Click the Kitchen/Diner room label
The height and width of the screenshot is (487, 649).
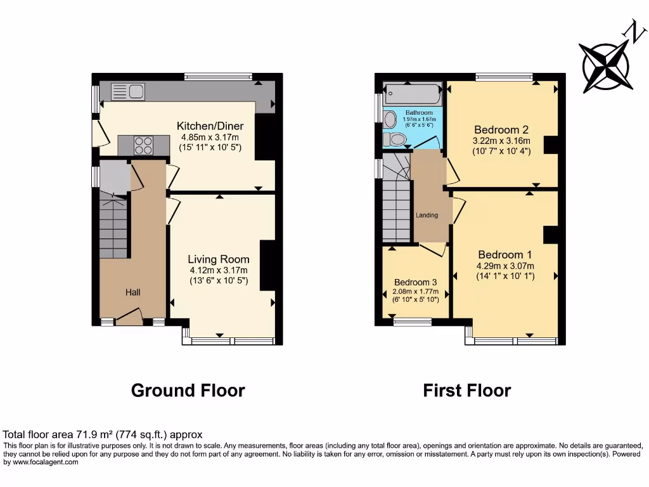(210, 126)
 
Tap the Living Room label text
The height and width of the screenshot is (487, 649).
(218, 259)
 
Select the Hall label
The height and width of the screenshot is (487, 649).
(132, 292)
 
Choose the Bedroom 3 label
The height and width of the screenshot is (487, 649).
(415, 282)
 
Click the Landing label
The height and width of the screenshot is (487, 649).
(427, 216)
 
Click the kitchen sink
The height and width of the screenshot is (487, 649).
(127, 92)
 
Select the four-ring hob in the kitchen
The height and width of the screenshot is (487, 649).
(143, 146)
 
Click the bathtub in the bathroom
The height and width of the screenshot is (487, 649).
(413, 94)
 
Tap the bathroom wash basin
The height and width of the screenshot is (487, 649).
(390, 119)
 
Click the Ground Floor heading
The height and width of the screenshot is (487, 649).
(188, 390)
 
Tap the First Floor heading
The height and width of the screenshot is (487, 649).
(466, 390)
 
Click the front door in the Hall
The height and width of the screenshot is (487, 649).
(129, 316)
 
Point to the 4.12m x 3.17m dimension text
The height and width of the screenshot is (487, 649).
(218, 270)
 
